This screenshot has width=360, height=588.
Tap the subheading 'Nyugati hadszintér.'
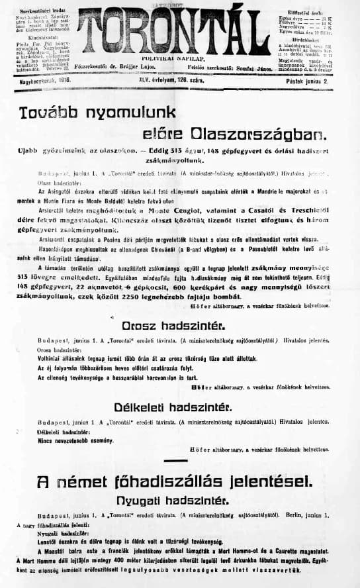tap(181, 498)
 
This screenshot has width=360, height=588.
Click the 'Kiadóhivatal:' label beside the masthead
tap(28, 39)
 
